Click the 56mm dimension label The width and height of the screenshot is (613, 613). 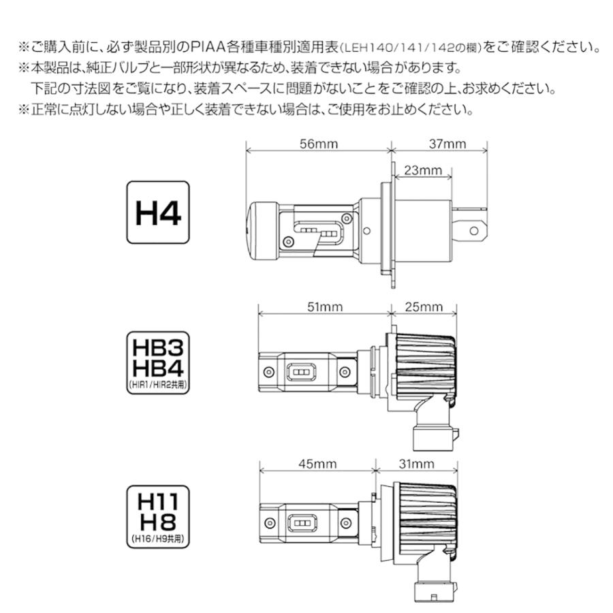[318, 144]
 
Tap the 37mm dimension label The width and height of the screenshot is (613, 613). [447, 144]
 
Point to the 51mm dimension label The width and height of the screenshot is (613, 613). [325, 307]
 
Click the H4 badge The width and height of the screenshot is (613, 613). [157, 213]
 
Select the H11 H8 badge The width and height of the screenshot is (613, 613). [157, 515]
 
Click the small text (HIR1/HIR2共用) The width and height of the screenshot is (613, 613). [157, 385]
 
